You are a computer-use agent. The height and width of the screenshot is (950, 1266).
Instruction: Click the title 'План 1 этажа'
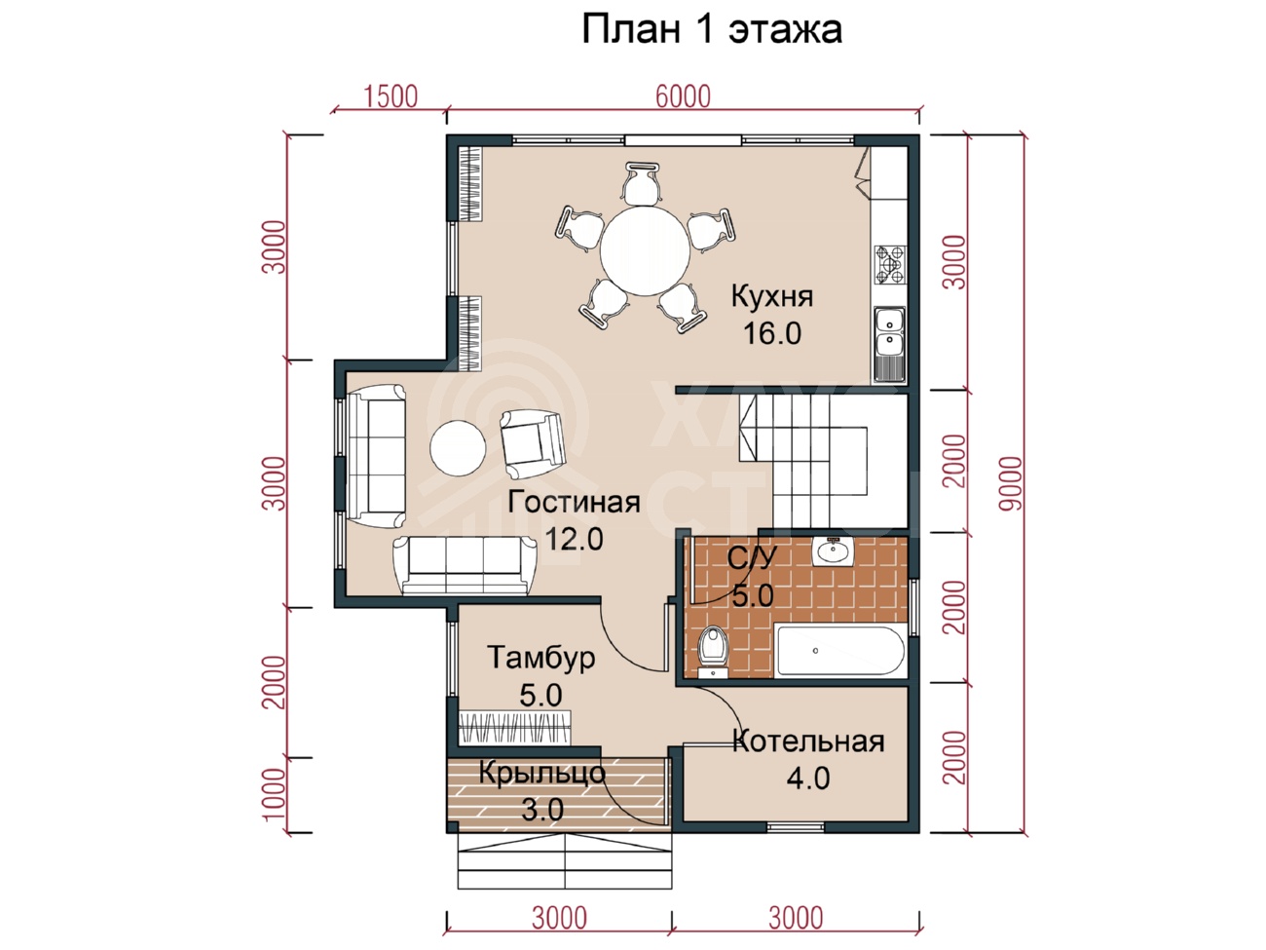(712, 30)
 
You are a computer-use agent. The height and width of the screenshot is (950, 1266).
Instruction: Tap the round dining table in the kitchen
(646, 251)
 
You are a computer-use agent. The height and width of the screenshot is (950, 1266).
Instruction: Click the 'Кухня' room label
(771, 296)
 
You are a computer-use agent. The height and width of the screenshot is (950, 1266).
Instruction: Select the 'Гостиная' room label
(574, 502)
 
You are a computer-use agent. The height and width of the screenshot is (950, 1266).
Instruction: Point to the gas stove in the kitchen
(890, 265)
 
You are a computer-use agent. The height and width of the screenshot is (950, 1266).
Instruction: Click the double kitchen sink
(890, 344)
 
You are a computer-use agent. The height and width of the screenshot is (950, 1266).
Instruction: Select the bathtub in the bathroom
(840, 651)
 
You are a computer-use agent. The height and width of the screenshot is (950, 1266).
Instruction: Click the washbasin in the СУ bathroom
(833, 551)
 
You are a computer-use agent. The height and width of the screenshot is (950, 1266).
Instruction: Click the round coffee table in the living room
(458, 448)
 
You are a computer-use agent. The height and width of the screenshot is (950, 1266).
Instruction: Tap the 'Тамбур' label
(541, 658)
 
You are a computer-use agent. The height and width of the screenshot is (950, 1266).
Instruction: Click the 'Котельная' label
(808, 741)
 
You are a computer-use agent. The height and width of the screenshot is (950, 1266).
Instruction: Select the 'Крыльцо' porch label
(542, 774)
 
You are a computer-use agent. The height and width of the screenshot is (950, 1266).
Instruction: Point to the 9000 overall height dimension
(1009, 483)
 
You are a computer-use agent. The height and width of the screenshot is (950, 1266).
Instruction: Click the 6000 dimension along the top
(683, 96)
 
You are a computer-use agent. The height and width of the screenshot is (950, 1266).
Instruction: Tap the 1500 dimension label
(391, 96)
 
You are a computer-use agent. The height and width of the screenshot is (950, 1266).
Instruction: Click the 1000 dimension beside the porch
(275, 794)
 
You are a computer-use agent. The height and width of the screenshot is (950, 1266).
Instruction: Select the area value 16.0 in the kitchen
(772, 333)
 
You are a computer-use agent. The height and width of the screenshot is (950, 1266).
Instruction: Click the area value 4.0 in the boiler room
(808, 779)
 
